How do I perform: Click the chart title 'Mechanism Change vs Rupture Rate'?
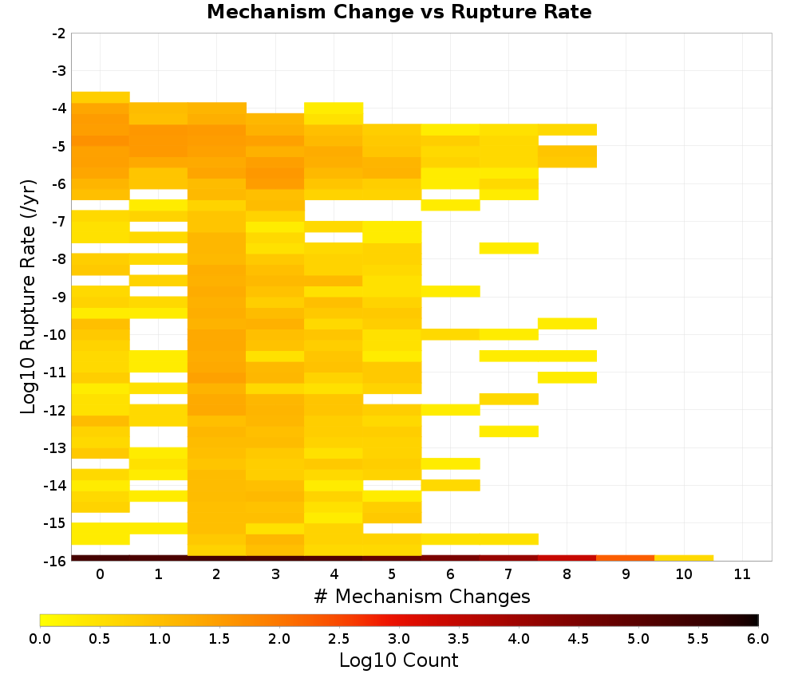tap(399, 12)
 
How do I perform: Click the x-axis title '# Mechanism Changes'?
tap(422, 596)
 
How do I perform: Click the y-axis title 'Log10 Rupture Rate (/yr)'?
tap(29, 297)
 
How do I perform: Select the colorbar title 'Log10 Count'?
tap(398, 660)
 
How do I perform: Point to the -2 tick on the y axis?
tap(59, 34)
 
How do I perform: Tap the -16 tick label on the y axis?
tap(56, 561)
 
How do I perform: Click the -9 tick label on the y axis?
tap(59, 297)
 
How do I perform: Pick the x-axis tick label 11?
tap(742, 574)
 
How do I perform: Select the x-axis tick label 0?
tap(101, 574)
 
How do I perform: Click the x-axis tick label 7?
tap(508, 574)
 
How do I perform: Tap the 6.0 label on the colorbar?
tap(758, 638)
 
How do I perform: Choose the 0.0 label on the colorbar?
tap(40, 638)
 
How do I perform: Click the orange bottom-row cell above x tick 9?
tap(626, 558)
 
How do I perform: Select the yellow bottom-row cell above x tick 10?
tap(684, 558)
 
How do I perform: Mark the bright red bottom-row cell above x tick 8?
tap(567, 558)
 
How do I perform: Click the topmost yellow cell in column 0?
tap(101, 97)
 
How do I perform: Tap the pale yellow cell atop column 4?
tap(334, 113)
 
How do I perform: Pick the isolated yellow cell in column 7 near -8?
tap(509, 248)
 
